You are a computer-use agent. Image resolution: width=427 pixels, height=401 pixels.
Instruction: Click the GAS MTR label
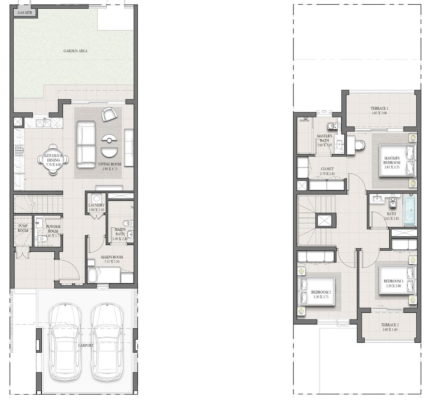tap(25, 13)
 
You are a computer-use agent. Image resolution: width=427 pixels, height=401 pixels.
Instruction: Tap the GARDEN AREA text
tap(75, 51)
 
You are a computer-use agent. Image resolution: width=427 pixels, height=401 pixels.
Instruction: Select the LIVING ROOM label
tap(110, 164)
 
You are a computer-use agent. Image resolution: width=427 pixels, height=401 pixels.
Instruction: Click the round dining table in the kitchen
tap(53, 160)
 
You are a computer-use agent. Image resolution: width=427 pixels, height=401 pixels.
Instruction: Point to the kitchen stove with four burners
tap(19, 150)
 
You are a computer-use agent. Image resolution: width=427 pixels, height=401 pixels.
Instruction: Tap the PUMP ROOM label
tap(23, 228)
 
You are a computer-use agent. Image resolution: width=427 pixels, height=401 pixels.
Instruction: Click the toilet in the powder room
tap(42, 239)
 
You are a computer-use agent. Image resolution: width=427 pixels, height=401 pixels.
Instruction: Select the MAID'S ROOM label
tap(112, 257)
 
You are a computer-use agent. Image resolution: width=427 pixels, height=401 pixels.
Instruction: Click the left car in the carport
tap(65, 341)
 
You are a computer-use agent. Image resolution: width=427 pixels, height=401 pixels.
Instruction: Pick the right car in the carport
tap(107, 341)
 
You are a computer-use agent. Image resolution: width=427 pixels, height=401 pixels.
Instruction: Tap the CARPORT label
tap(86, 346)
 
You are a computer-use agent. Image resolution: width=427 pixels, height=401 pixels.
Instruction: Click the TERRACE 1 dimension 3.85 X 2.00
tap(379, 113)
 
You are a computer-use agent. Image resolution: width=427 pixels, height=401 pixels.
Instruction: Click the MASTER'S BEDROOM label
tap(392, 160)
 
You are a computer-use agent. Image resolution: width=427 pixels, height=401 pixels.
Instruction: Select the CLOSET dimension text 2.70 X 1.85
tap(327, 174)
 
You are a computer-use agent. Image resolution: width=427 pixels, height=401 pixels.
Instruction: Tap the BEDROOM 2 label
tap(321, 292)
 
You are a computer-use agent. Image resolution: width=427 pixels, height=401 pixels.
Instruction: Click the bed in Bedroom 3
tap(397, 280)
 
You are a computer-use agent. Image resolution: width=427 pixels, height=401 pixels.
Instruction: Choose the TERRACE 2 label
tap(390, 325)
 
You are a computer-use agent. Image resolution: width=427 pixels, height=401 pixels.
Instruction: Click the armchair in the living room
tap(109, 114)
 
